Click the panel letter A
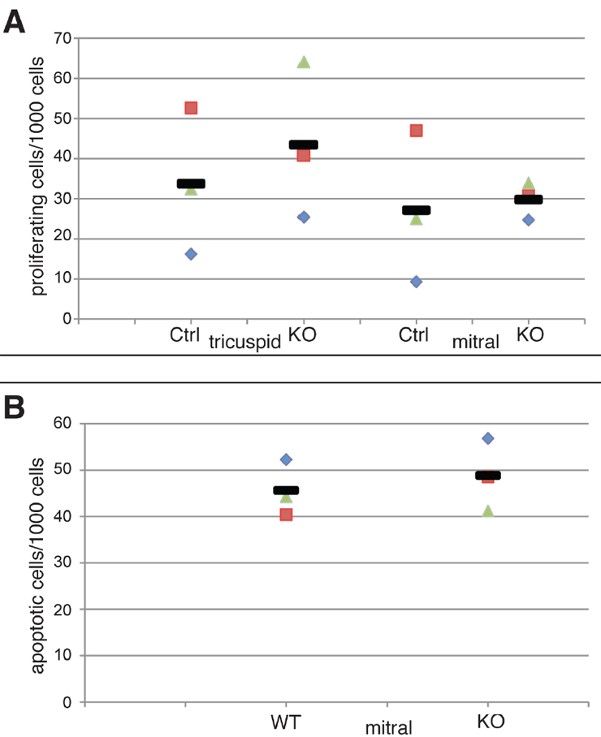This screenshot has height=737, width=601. pyautogui.click(x=15, y=20)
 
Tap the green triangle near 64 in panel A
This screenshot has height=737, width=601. pyautogui.click(x=304, y=62)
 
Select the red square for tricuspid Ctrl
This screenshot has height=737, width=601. pyautogui.click(x=192, y=108)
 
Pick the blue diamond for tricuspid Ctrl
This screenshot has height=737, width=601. pyautogui.click(x=192, y=254)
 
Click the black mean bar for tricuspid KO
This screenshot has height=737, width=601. pyautogui.click(x=304, y=144)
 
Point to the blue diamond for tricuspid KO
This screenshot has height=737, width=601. pyautogui.click(x=304, y=217)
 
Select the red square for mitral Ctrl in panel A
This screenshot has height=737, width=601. pyautogui.click(x=416, y=131)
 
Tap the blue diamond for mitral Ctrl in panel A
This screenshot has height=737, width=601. pyautogui.click(x=416, y=282)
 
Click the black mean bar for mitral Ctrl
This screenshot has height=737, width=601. pyautogui.click(x=416, y=210)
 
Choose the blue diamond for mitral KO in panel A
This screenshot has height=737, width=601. pyautogui.click(x=528, y=220)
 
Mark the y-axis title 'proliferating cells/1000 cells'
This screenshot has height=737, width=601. pyautogui.click(x=40, y=179)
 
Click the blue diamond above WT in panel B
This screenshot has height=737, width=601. pyautogui.click(x=286, y=459)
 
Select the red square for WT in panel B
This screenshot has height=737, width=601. pyautogui.click(x=286, y=514)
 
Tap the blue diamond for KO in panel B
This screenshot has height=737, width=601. pyautogui.click(x=487, y=438)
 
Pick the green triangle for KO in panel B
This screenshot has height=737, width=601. pyautogui.click(x=487, y=511)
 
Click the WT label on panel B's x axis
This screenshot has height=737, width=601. pyautogui.click(x=286, y=721)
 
